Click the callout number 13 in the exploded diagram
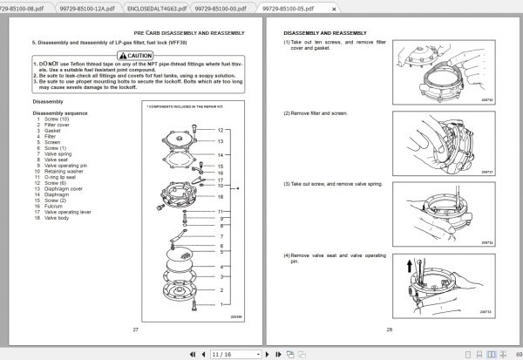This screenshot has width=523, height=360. [x=221, y=141]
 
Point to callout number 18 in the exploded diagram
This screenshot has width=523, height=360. [x=221, y=197]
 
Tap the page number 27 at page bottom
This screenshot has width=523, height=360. [x=135, y=329]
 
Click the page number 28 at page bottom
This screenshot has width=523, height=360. [x=390, y=329]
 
